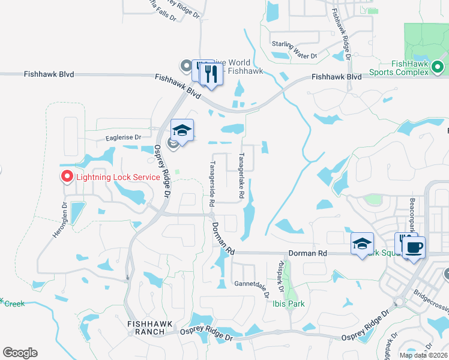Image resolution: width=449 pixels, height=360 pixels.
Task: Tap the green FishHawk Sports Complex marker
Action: [438, 67]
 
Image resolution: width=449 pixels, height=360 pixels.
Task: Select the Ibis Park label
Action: [288, 304]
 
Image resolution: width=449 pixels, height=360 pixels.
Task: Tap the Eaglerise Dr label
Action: [123, 137]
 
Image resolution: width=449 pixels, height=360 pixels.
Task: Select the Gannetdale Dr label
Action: [250, 283]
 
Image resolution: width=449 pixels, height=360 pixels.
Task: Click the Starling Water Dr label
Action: [294, 55]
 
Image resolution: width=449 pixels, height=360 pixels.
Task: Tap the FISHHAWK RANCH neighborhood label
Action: [150, 328]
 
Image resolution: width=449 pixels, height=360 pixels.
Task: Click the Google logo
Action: [20, 353]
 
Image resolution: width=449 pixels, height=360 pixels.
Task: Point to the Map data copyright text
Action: [423, 355]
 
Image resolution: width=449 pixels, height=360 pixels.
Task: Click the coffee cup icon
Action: [414, 247]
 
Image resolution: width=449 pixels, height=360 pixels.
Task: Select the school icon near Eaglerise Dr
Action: [182, 130]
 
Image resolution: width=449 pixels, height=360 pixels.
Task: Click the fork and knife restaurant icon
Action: [210, 74]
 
